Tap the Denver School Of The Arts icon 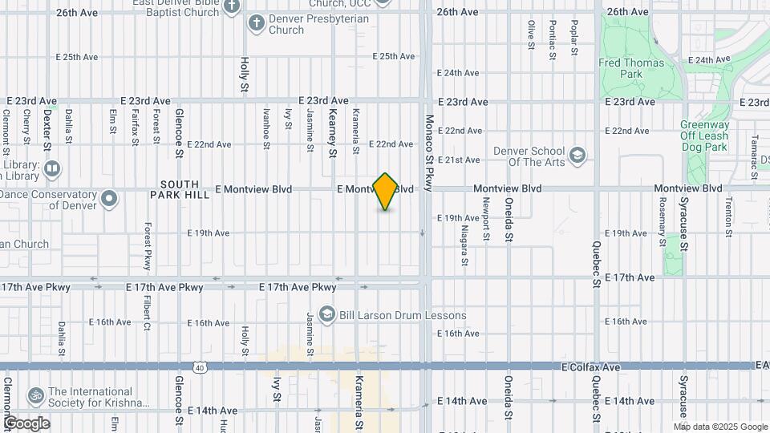pyautogui.click(x=576, y=155)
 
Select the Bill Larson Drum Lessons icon pyautogui.click(x=326, y=315)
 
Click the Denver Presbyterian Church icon pyautogui.click(x=257, y=23)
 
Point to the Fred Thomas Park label pyautogui.click(x=631, y=68)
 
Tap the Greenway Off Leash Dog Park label pyautogui.click(x=705, y=136)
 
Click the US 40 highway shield pyautogui.click(x=199, y=367)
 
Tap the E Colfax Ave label pyautogui.click(x=591, y=367)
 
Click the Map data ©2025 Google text pyautogui.click(x=720, y=426)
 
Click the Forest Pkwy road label pyautogui.click(x=147, y=246)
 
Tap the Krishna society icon pyautogui.click(x=35, y=395)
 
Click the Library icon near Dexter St pyautogui.click(x=52, y=168)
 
